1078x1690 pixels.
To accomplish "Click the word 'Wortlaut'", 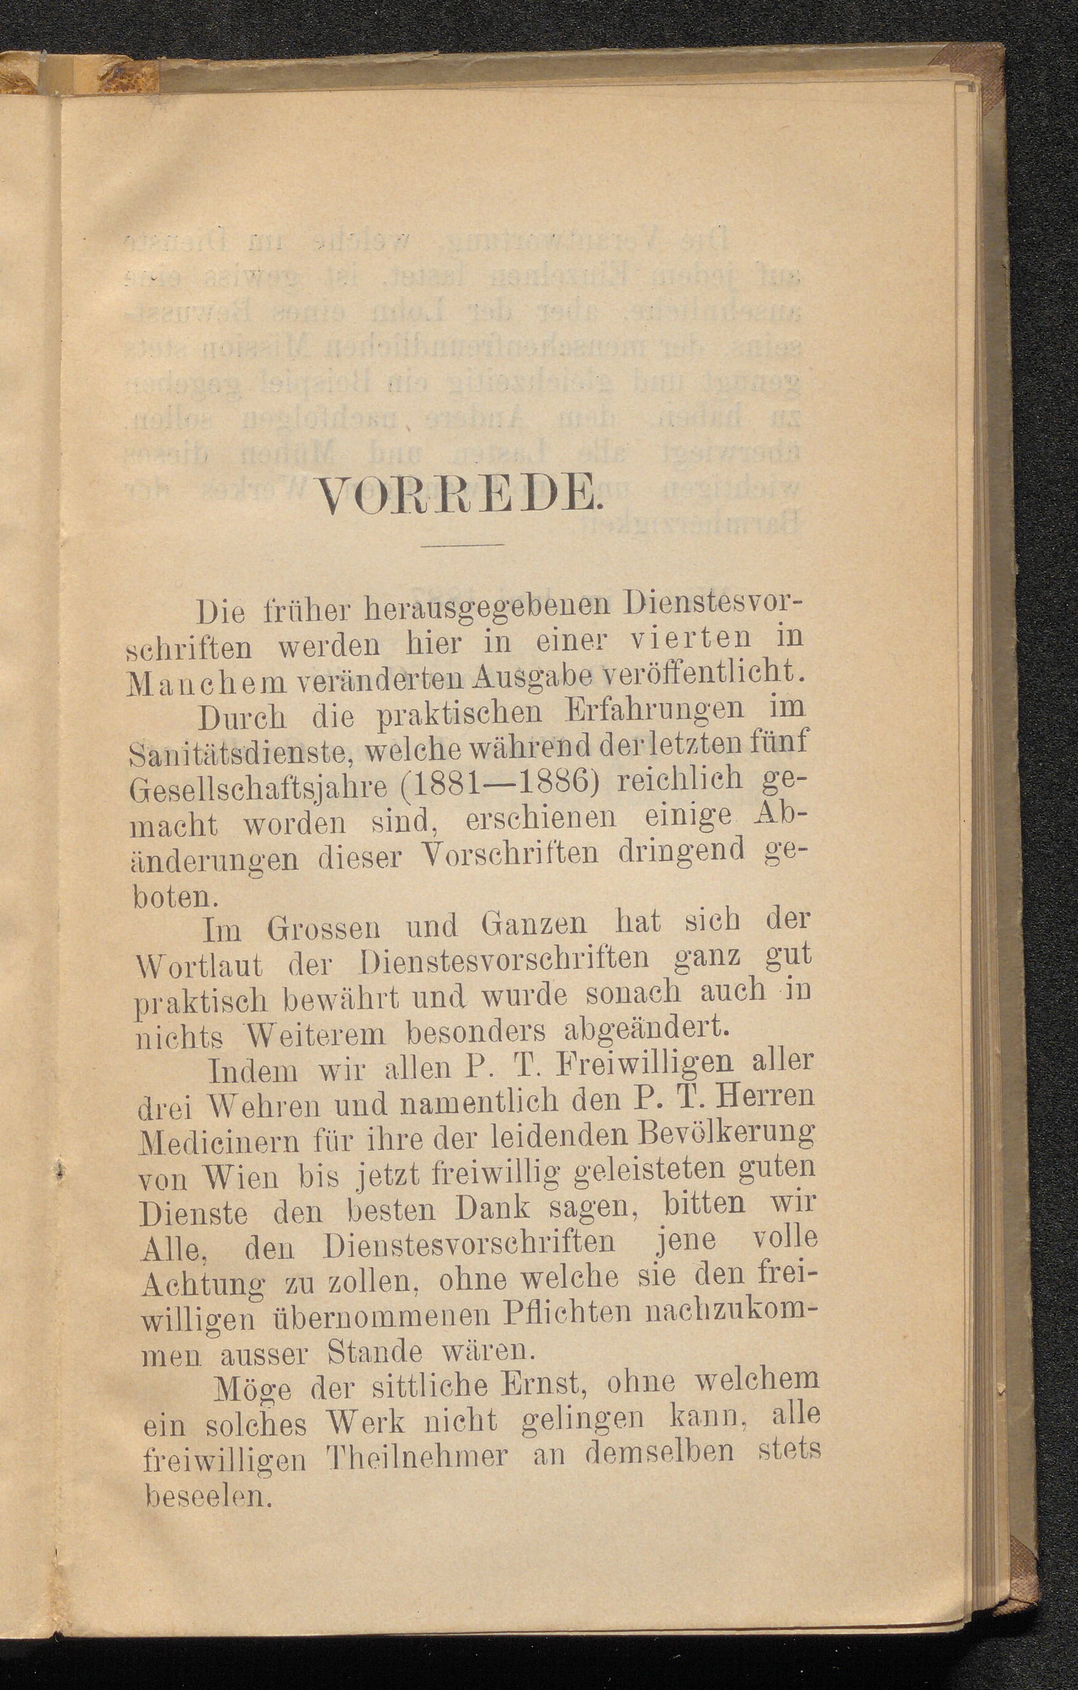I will tap(199, 967).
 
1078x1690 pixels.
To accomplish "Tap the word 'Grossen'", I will tap(323, 931).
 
